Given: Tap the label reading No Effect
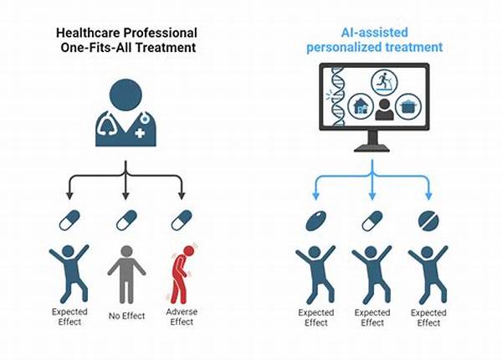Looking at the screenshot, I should pyautogui.click(x=125, y=316).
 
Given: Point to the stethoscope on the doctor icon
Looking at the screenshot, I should pyautogui.click(x=108, y=126).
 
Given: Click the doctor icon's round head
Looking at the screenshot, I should pyautogui.click(x=125, y=94).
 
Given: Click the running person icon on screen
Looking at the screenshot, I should pyautogui.click(x=383, y=81).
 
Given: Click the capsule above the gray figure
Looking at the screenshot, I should pyautogui.click(x=125, y=220).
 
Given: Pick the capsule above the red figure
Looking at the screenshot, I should pyautogui.click(x=180, y=220).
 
